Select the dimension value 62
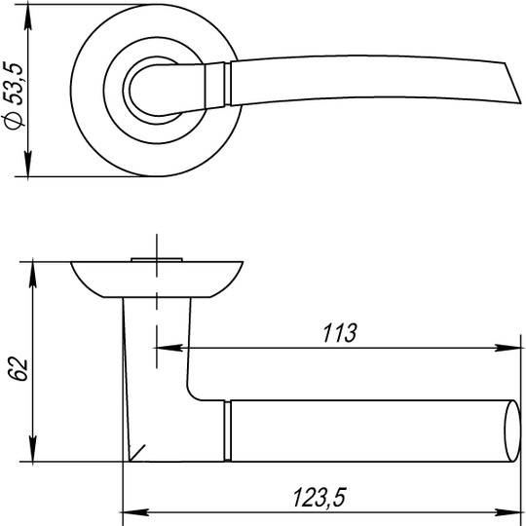(19, 369)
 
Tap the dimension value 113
(340, 333)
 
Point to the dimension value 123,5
(319, 498)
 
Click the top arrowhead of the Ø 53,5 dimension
(28, 18)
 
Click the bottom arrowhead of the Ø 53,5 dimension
(28, 164)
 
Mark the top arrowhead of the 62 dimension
(32, 275)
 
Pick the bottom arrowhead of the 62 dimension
(32, 449)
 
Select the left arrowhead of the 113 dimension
(169, 348)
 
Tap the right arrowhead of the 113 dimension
(507, 348)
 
